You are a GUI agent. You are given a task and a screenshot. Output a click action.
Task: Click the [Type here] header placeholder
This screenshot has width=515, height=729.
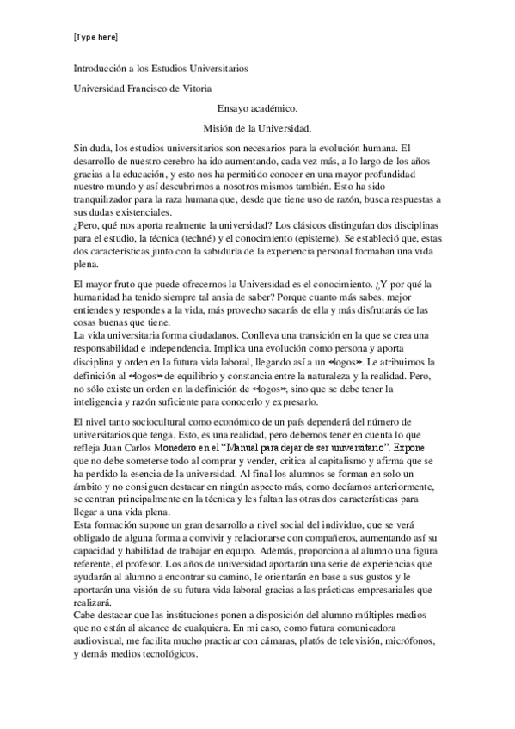coord(95,38)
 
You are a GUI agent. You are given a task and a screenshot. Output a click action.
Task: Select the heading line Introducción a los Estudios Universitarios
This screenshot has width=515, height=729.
coord(161,69)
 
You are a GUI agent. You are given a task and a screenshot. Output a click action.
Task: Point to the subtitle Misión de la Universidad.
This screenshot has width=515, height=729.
coord(261,128)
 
